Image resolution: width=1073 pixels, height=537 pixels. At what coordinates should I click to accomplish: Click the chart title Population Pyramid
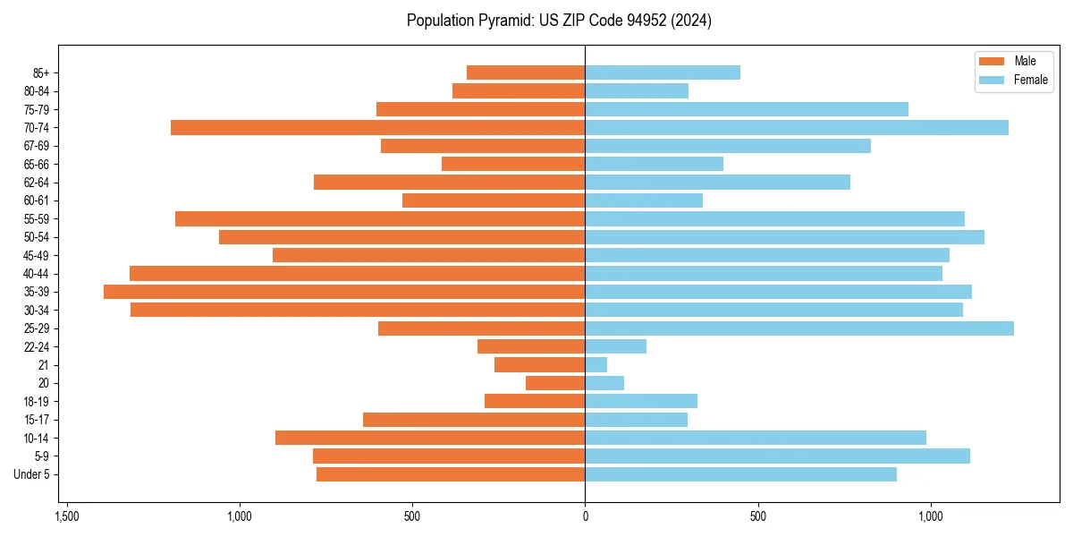pyautogui.click(x=559, y=21)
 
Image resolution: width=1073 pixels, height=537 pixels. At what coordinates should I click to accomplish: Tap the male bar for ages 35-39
pyautogui.click(x=344, y=292)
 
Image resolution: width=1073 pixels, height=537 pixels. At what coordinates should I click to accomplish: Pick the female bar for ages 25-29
pyautogui.click(x=799, y=328)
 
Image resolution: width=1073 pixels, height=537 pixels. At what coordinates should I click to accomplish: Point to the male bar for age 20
pyautogui.click(x=555, y=383)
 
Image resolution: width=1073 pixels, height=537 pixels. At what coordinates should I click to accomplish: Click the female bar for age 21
pyautogui.click(x=596, y=365)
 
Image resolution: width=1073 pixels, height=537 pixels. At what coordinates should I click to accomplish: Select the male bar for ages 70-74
pyautogui.click(x=378, y=127)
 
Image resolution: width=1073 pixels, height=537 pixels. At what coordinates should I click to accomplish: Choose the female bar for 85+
pyautogui.click(x=663, y=72)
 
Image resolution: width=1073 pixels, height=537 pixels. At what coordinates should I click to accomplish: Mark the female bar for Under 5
pyautogui.click(x=740, y=474)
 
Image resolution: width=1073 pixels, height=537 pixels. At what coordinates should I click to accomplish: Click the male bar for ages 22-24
pyautogui.click(x=531, y=346)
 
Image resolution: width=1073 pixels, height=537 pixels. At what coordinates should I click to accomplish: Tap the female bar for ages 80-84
pyautogui.click(x=637, y=90)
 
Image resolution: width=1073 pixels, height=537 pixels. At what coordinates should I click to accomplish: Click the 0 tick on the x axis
pyautogui.click(x=585, y=517)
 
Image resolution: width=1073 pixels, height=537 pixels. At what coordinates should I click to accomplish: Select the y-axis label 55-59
pyautogui.click(x=38, y=218)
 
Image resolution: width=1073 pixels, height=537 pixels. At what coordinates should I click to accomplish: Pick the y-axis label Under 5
pyautogui.click(x=32, y=474)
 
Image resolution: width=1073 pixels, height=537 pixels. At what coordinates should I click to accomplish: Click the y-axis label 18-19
pyautogui.click(x=38, y=402)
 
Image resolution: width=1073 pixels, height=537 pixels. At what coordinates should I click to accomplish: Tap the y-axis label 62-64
pyautogui.click(x=38, y=183)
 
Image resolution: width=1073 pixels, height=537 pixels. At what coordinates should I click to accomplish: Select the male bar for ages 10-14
pyautogui.click(x=430, y=438)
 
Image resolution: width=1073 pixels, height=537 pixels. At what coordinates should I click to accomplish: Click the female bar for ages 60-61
pyautogui.click(x=644, y=200)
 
